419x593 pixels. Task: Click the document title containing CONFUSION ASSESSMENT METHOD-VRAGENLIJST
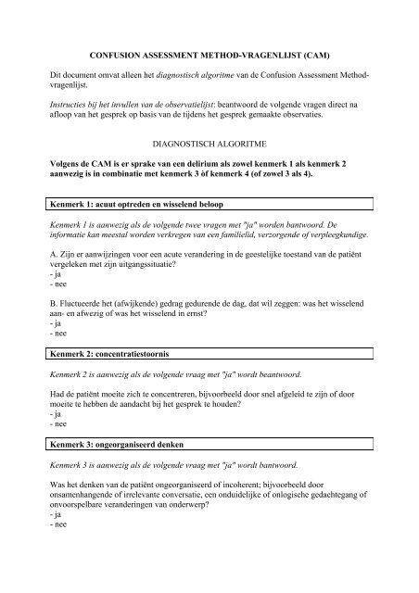(209, 57)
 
